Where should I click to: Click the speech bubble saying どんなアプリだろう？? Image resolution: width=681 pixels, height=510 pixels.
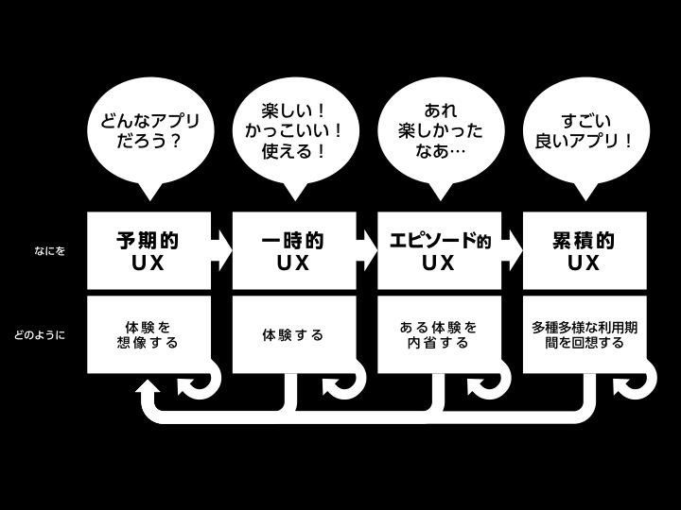[x=147, y=135]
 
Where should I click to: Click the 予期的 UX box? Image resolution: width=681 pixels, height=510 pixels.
[x=148, y=251]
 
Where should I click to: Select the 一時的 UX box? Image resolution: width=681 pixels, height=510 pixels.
[x=293, y=251]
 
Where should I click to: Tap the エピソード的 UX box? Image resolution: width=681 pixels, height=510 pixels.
[x=439, y=251]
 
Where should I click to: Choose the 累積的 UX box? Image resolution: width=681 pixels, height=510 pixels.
[x=585, y=251]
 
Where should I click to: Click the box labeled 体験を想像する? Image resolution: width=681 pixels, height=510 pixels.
[x=148, y=334]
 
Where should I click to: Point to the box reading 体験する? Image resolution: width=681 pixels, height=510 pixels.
[x=293, y=334]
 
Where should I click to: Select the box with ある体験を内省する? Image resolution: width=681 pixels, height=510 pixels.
[x=439, y=334]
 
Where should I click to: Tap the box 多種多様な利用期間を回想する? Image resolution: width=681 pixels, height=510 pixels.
[x=585, y=334]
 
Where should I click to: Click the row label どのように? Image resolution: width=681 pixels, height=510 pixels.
[x=40, y=334]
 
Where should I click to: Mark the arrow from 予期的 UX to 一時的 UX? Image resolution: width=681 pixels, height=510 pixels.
[x=221, y=251]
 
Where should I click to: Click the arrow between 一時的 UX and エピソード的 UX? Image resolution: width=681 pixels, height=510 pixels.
[x=367, y=251]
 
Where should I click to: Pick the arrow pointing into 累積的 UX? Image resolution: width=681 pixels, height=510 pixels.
[x=513, y=251]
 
